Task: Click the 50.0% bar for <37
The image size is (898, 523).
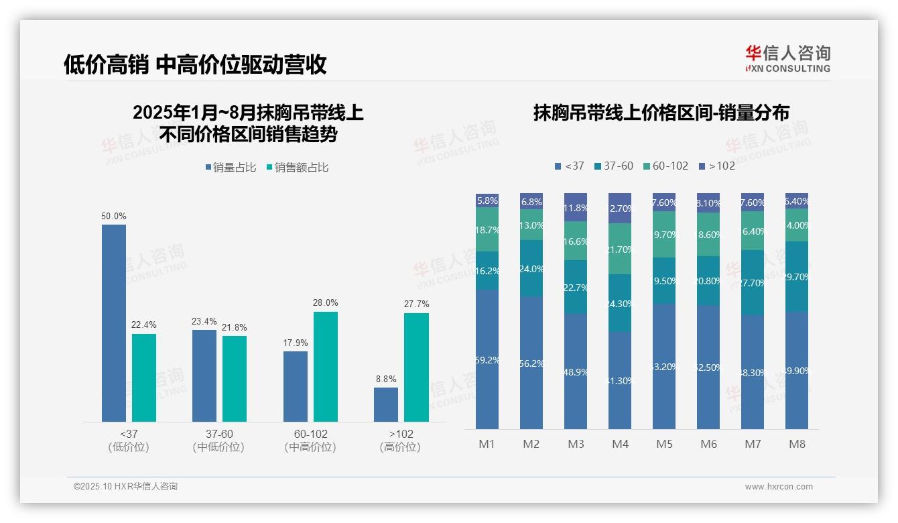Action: point(114,323)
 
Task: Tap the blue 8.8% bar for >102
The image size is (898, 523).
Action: point(386,404)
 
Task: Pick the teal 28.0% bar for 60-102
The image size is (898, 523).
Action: point(326,366)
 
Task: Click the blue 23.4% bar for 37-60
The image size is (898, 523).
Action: point(204,375)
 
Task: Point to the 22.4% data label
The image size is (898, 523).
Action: point(143,325)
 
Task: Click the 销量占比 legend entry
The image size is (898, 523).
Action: point(231,168)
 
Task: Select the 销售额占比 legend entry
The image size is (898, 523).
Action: point(298,168)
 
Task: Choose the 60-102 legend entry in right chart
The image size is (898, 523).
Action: point(665,166)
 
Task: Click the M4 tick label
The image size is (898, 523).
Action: point(620,444)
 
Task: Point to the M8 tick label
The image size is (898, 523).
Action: point(797,444)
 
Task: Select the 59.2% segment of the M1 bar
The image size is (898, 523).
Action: point(487,359)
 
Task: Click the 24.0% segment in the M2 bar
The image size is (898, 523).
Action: point(531,268)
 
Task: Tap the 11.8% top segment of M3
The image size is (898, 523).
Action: point(576,207)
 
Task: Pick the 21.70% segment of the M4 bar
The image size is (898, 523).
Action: point(620,249)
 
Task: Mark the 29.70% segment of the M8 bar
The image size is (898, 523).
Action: point(797,276)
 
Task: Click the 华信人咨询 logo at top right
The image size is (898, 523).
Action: point(787,58)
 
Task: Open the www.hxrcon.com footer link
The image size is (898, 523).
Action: point(779,487)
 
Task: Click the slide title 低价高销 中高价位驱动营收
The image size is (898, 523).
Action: point(195,64)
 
